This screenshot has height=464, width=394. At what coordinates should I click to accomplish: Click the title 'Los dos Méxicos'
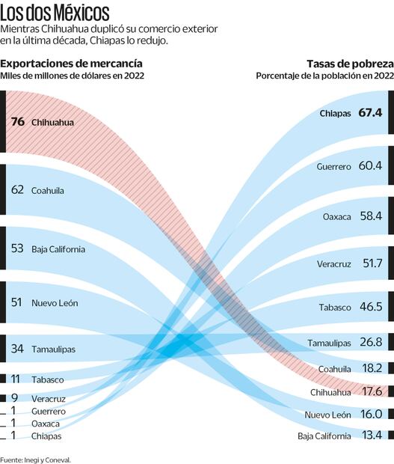point(55,13)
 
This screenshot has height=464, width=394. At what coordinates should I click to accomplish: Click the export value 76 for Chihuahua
point(18,121)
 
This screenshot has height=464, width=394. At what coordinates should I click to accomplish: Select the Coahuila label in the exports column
point(47,191)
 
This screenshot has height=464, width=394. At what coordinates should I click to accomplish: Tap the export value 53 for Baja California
point(18,248)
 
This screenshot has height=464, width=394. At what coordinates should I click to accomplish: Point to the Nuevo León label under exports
point(55,303)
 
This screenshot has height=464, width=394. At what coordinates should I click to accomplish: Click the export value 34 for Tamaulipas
point(18,349)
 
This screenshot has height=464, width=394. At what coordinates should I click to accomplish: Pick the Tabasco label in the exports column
point(47,379)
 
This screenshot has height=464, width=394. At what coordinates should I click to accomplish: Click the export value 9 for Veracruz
point(14,398)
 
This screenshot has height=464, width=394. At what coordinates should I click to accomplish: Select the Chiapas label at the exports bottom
point(46,436)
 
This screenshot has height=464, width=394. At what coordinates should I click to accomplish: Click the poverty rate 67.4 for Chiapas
point(370,112)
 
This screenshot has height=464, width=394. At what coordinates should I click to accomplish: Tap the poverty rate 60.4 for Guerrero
point(370,165)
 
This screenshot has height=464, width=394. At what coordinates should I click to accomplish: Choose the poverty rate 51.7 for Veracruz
point(370,263)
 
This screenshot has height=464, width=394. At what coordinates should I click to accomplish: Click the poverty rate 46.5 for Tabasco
point(370,307)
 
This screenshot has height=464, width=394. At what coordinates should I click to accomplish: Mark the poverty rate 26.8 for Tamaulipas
point(370,342)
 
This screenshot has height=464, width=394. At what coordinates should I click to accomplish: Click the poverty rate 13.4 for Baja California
point(370,436)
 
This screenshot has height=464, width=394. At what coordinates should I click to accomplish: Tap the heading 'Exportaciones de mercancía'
point(72,64)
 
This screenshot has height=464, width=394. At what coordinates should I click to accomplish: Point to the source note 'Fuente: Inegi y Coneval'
point(36,459)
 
